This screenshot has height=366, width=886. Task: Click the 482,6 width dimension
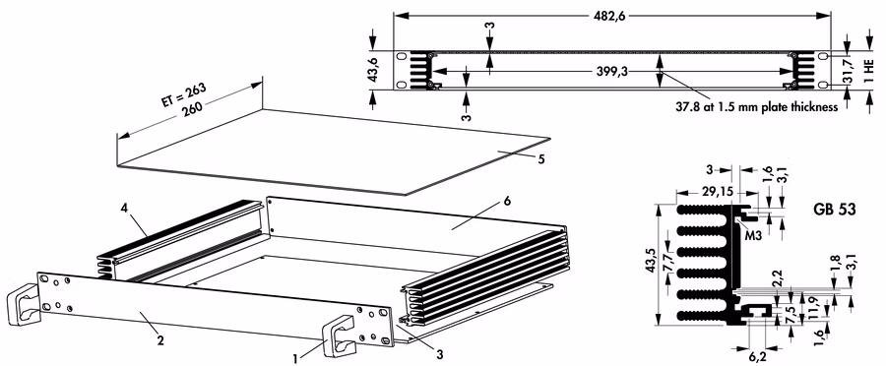pyautogui.click(x=611, y=16)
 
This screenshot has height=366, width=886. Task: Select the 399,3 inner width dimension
pyautogui.click(x=612, y=72)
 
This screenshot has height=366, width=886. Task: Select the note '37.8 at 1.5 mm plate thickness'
pyautogui.click(x=757, y=106)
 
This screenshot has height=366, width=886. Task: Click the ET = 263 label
pyautogui.click(x=182, y=97)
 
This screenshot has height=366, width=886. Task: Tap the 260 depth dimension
pyautogui.click(x=194, y=109)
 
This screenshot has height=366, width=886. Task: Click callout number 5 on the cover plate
pyautogui.click(x=540, y=159)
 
